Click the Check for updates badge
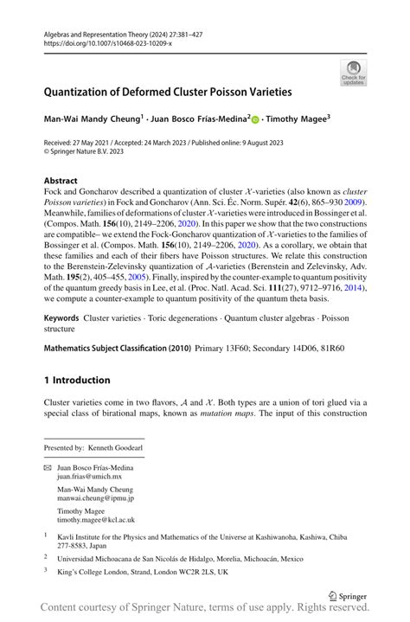(353, 73)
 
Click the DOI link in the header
(107, 42)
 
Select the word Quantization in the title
(81, 92)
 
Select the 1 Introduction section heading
(77, 380)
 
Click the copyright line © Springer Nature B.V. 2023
(83, 151)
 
